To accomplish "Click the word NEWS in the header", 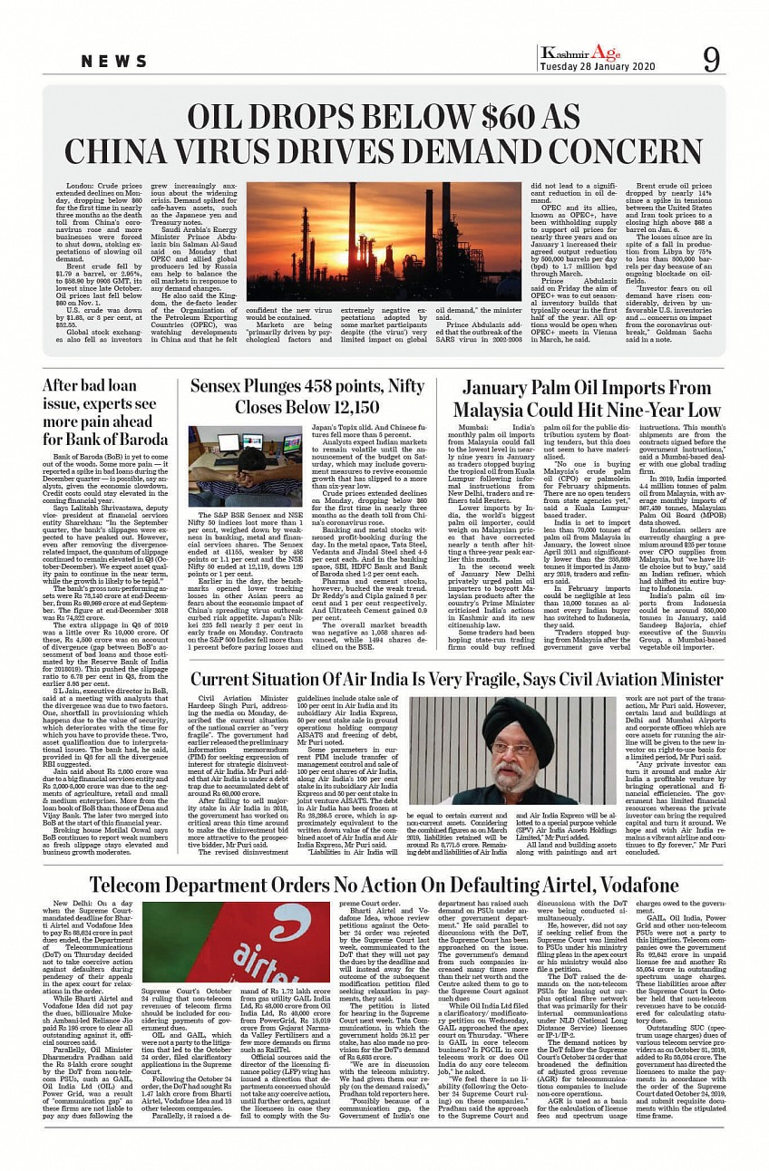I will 114,62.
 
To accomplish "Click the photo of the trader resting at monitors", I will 245,465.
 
